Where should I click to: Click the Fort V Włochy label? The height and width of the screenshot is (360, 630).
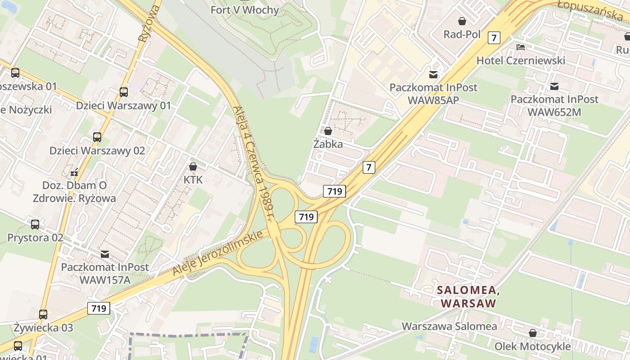pyautogui.click(x=245, y=10)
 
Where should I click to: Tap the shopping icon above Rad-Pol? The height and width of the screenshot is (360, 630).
pyautogui.click(x=462, y=21)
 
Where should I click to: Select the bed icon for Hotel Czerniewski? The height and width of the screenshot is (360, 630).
pyautogui.click(x=521, y=47)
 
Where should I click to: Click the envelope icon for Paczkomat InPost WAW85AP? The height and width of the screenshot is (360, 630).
pyautogui.click(x=433, y=74)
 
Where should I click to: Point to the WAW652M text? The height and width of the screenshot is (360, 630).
pyautogui.click(x=554, y=112)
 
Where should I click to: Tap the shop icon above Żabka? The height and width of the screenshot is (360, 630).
pyautogui.click(x=328, y=131)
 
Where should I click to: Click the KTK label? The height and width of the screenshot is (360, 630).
pyautogui.click(x=193, y=180)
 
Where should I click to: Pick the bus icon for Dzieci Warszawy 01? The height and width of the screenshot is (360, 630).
pyautogui.click(x=124, y=92)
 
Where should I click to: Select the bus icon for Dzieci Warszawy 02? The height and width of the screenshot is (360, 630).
pyautogui.click(x=97, y=137)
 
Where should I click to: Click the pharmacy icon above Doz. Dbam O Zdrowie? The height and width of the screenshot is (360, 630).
pyautogui.click(x=75, y=172)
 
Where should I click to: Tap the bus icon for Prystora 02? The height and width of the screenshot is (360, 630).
pyautogui.click(x=35, y=224)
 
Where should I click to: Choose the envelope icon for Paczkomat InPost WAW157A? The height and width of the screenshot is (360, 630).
pyautogui.click(x=105, y=254)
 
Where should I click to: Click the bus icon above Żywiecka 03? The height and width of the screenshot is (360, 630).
pyautogui.click(x=43, y=315)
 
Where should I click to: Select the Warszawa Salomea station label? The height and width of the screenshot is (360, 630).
pyautogui.click(x=449, y=326)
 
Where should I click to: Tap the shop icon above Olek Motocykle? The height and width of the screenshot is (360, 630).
pyautogui.click(x=533, y=333)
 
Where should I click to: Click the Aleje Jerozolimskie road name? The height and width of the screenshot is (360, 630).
pyautogui.click(x=217, y=254)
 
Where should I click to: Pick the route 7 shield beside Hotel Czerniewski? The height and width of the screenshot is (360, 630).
pyautogui.click(x=494, y=38)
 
